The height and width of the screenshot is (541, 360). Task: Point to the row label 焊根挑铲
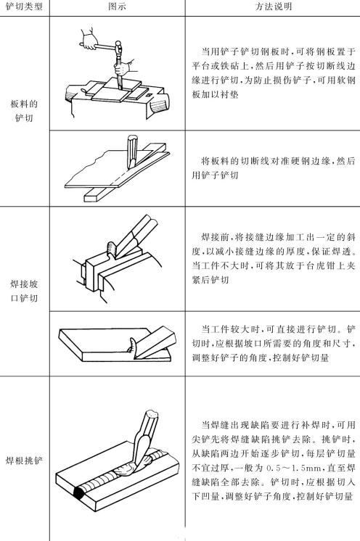[x=24, y=459]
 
